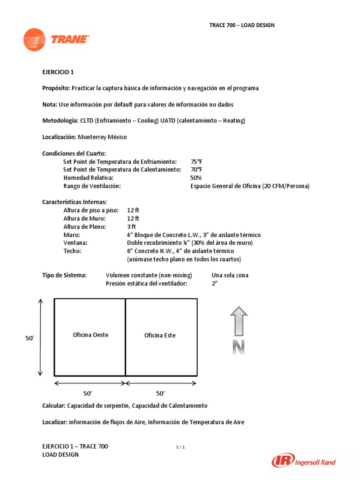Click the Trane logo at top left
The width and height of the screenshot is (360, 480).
coord(56,40)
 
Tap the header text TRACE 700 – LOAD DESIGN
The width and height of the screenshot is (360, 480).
coord(241,25)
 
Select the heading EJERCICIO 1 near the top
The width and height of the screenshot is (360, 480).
coord(58,72)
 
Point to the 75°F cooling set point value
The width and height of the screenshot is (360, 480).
coord(196,161)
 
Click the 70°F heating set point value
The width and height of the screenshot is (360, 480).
coord(196,169)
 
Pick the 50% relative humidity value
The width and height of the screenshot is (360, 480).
coord(195,178)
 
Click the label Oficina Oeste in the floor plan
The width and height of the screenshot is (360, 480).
coord(90,335)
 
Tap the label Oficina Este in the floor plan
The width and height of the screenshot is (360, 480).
coord(160,335)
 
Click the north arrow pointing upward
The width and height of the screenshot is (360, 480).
coord(239,321)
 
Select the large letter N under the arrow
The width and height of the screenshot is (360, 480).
coord(239,347)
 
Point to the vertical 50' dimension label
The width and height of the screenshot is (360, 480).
coord(30,337)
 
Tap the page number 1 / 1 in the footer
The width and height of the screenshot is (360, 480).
coord(180,447)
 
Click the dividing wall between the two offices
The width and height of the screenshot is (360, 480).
coord(125,337)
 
